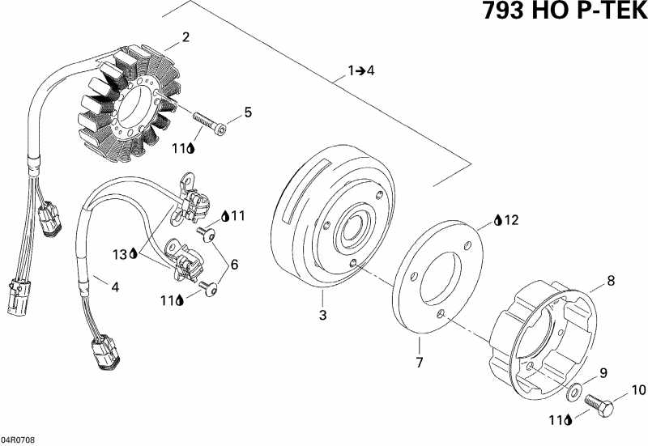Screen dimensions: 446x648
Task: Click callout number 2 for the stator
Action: (185, 37)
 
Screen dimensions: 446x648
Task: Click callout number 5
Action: (248, 113)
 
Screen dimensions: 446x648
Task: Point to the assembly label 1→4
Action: (361, 71)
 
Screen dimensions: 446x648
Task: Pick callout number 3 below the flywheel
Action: (322, 315)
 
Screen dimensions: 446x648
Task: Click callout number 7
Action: (419, 363)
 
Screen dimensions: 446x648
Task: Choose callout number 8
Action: (611, 282)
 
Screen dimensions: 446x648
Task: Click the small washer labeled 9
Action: (574, 392)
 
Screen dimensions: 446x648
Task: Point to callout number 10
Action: (639, 390)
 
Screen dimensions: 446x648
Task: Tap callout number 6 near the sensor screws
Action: (234, 264)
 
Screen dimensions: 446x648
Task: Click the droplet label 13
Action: (123, 254)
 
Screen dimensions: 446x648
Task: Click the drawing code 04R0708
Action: (18, 440)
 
